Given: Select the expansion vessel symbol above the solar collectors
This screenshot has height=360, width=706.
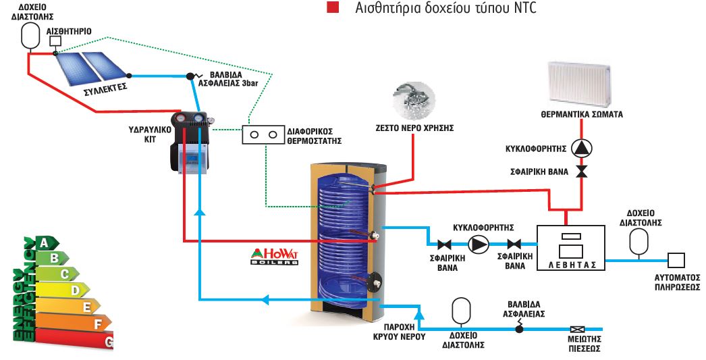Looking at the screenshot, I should (30, 35).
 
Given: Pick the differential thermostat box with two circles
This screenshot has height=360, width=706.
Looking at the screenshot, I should (263, 134).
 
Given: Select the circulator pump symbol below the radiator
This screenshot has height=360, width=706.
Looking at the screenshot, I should (581, 147).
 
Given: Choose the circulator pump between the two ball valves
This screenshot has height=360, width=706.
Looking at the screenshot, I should (479, 245).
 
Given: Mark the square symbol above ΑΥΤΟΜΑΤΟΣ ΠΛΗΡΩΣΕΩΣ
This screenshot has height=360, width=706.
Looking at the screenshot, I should (676, 260).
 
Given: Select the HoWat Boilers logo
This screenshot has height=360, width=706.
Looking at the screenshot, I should (273, 257).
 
